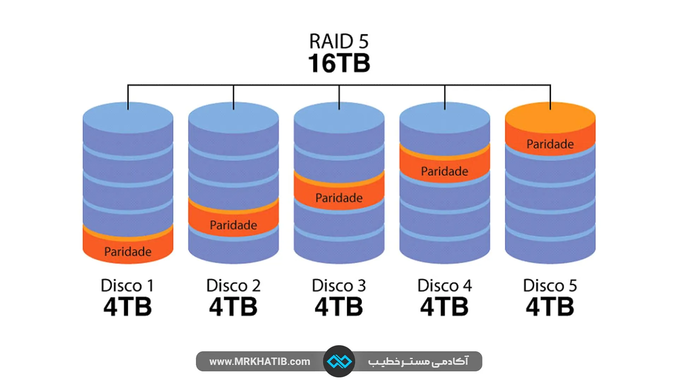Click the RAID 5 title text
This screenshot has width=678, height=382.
[x=339, y=41]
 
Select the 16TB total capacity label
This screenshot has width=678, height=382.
[x=339, y=63]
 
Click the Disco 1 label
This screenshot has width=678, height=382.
[x=127, y=285]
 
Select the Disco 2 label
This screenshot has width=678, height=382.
[x=233, y=285]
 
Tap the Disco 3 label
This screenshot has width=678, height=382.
[x=339, y=285]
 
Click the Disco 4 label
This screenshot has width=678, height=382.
[x=444, y=285]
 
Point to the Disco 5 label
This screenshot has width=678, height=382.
[x=550, y=285]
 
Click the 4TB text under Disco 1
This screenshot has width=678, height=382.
[x=127, y=307]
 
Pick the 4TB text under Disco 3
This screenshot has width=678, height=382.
[x=339, y=307]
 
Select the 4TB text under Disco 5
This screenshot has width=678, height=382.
[x=550, y=307]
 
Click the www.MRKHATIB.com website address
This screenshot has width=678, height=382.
[x=260, y=361]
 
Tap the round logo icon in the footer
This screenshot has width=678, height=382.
[x=339, y=361]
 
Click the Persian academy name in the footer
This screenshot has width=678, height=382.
[x=418, y=361]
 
